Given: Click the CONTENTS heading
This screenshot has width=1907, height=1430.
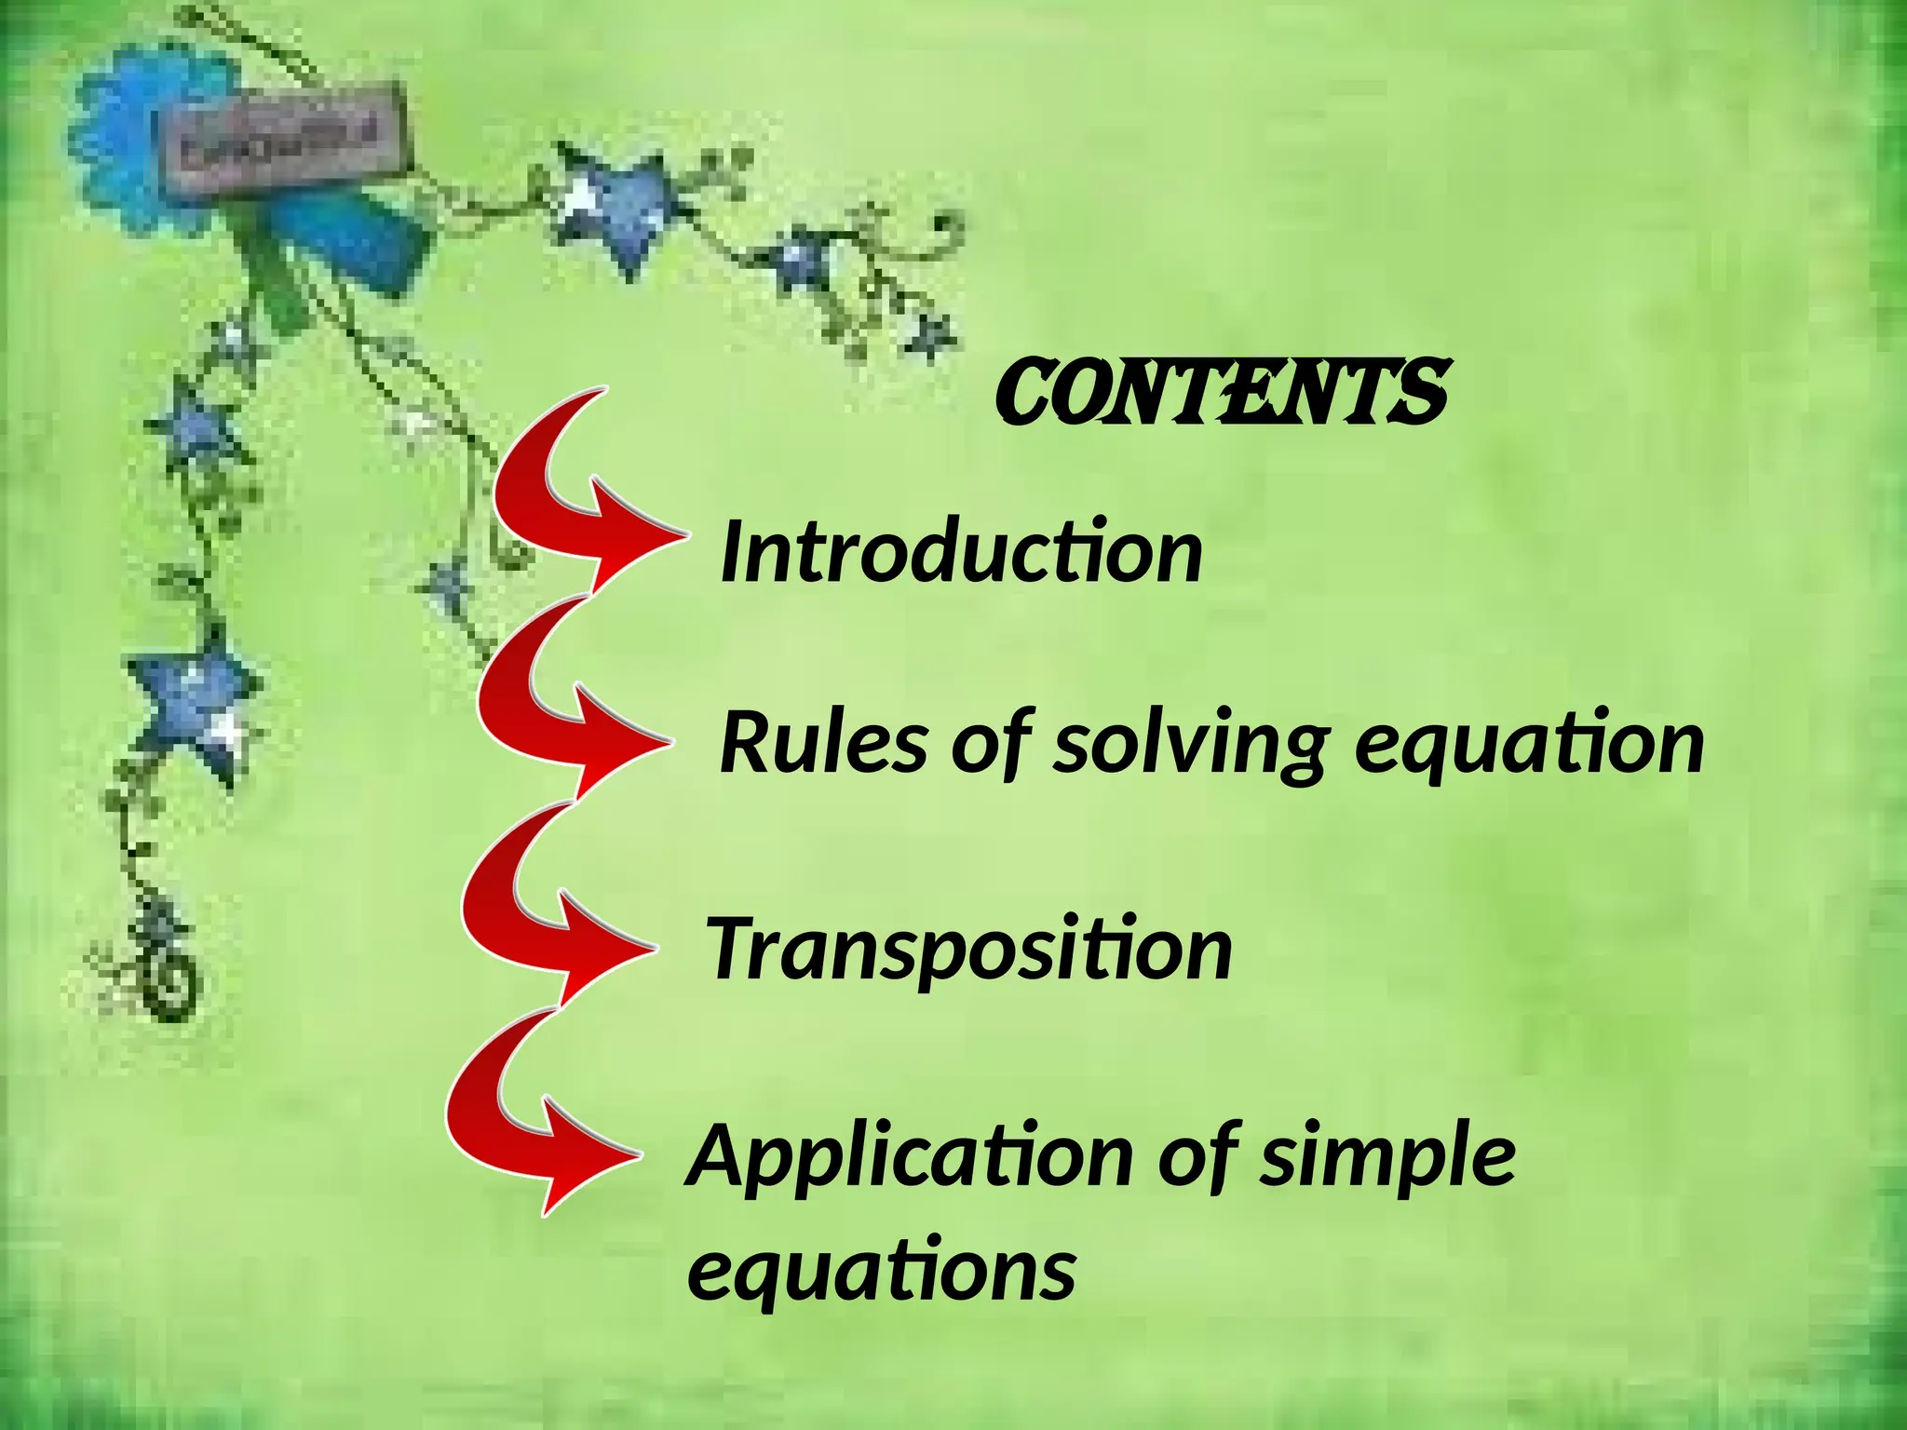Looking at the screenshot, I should (x=1221, y=393).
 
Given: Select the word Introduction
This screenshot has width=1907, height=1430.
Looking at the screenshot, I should (x=961, y=553).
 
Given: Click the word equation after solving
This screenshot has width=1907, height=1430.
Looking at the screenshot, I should (x=1528, y=745).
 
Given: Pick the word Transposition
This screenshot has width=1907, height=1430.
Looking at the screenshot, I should (x=969, y=950).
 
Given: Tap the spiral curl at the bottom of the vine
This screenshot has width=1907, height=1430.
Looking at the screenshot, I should (x=172, y=982).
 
